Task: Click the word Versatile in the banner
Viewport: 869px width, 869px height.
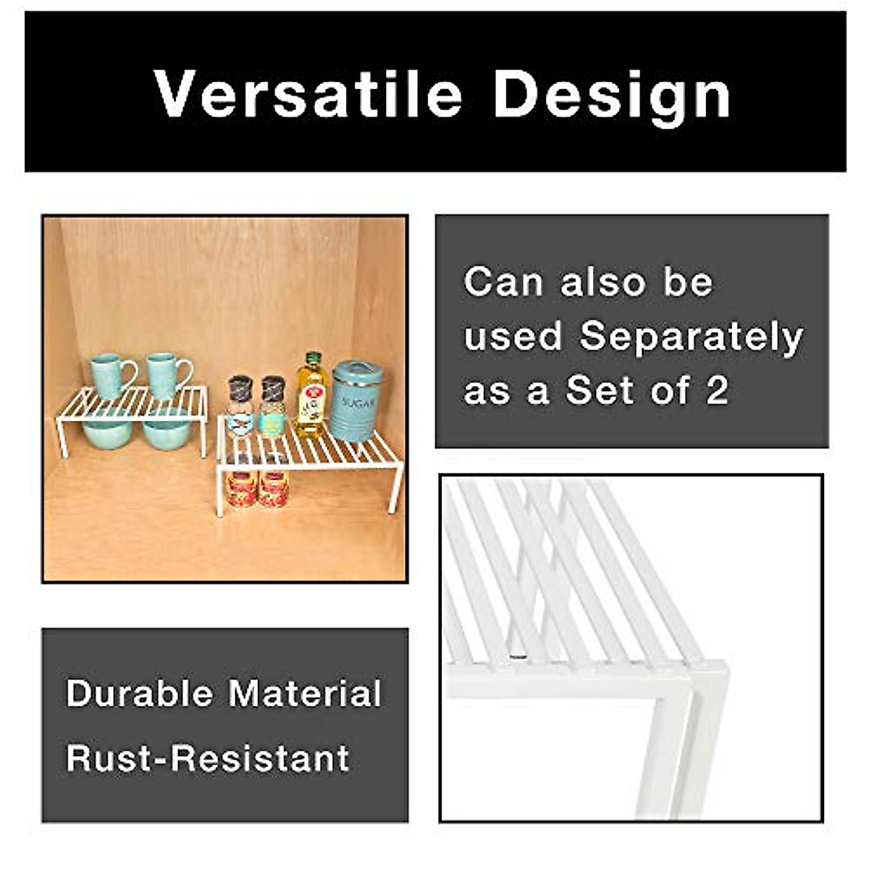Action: pyautogui.click(x=308, y=95)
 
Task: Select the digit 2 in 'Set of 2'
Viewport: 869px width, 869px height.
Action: pyautogui.click(x=716, y=392)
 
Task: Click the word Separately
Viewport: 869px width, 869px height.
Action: pyautogui.click(x=692, y=337)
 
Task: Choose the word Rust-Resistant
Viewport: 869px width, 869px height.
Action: pyautogui.click(x=208, y=758)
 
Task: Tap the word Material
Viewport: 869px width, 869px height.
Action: pyautogui.click(x=305, y=693)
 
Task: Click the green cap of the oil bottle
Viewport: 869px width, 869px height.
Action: pyautogui.click(x=313, y=358)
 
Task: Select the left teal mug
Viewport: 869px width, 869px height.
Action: pyautogui.click(x=109, y=376)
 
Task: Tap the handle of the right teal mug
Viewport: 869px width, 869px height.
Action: pyautogui.click(x=187, y=374)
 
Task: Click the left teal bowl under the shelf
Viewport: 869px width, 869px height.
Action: pyautogui.click(x=108, y=432)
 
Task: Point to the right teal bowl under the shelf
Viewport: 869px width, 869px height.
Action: pyautogui.click(x=166, y=433)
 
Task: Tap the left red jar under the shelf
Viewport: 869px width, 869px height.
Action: pyautogui.click(x=242, y=489)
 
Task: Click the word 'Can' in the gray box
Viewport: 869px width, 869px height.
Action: pyautogui.click(x=503, y=282)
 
